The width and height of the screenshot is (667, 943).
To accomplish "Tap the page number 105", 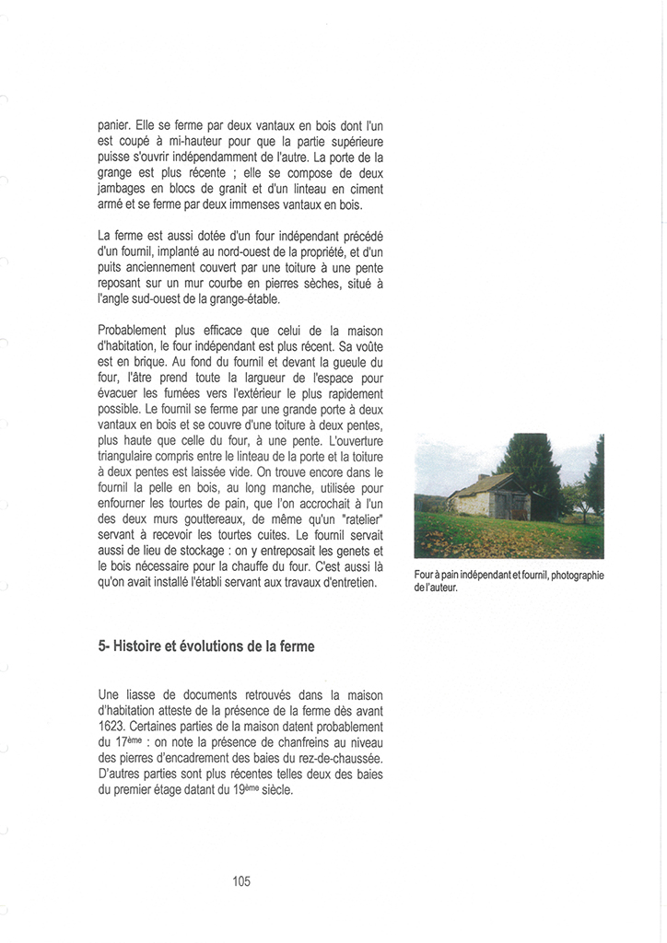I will click(x=241, y=881).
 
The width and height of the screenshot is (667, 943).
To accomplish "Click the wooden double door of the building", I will click(x=511, y=506).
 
